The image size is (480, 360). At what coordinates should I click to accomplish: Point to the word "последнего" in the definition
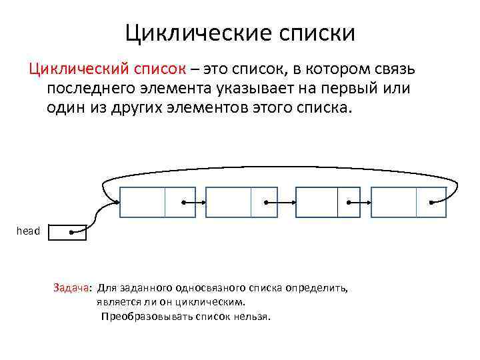[91, 89]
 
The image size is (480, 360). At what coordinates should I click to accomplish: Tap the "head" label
[28, 231]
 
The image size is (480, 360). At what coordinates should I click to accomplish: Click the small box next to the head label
[69, 233]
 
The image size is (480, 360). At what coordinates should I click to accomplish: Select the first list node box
[157, 202]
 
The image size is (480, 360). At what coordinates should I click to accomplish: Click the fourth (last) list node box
[408, 202]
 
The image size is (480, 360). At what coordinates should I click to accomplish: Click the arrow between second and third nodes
[280, 202]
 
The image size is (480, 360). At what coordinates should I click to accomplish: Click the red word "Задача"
[71, 288]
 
